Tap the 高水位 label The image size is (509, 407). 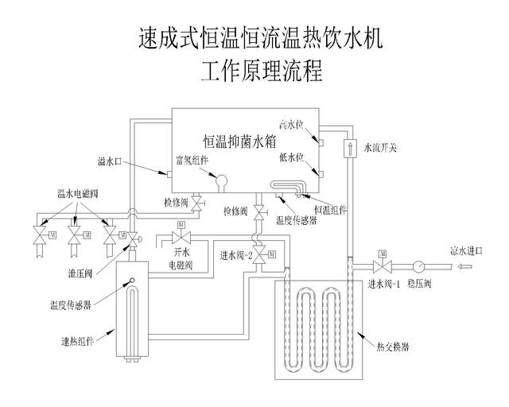tap(293, 124)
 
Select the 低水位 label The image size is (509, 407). tap(293, 157)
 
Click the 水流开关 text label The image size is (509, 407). tap(381, 147)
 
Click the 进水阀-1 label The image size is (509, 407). tap(383, 284)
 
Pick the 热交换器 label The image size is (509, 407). tap(390, 347)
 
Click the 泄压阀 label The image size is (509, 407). tap(81, 272)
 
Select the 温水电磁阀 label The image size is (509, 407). tap(78, 192)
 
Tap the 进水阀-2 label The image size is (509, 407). tap(236, 256)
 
